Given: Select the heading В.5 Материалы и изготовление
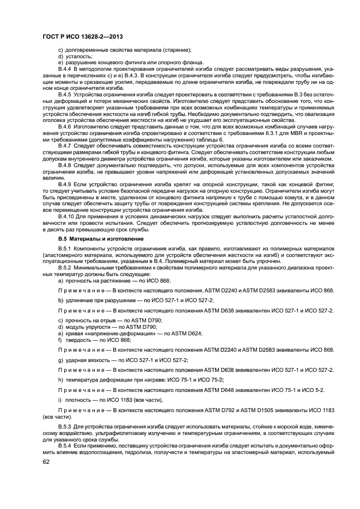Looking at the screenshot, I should [x=91, y=239].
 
